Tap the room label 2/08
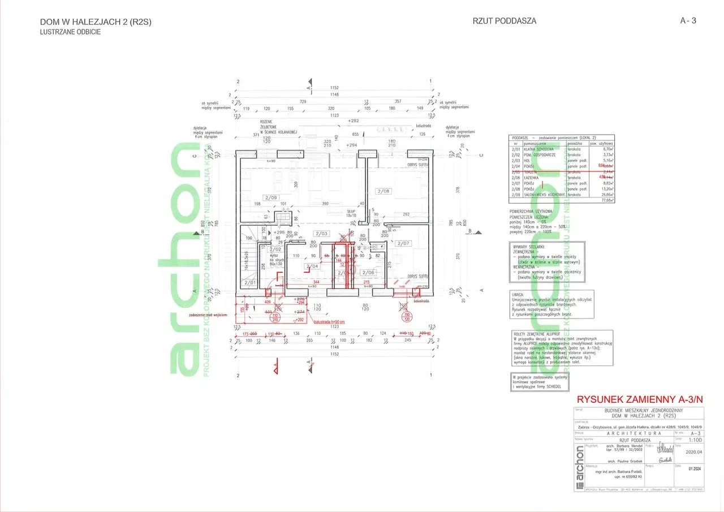click(383, 191)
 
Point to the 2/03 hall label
click(321, 234)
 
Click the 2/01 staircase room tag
click(249, 282)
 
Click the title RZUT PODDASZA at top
click(504, 21)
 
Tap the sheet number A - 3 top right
click(688, 21)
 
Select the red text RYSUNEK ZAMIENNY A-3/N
click(640, 398)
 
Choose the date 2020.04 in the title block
click(693, 452)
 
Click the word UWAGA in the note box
click(518, 294)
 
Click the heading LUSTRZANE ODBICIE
click(71, 32)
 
